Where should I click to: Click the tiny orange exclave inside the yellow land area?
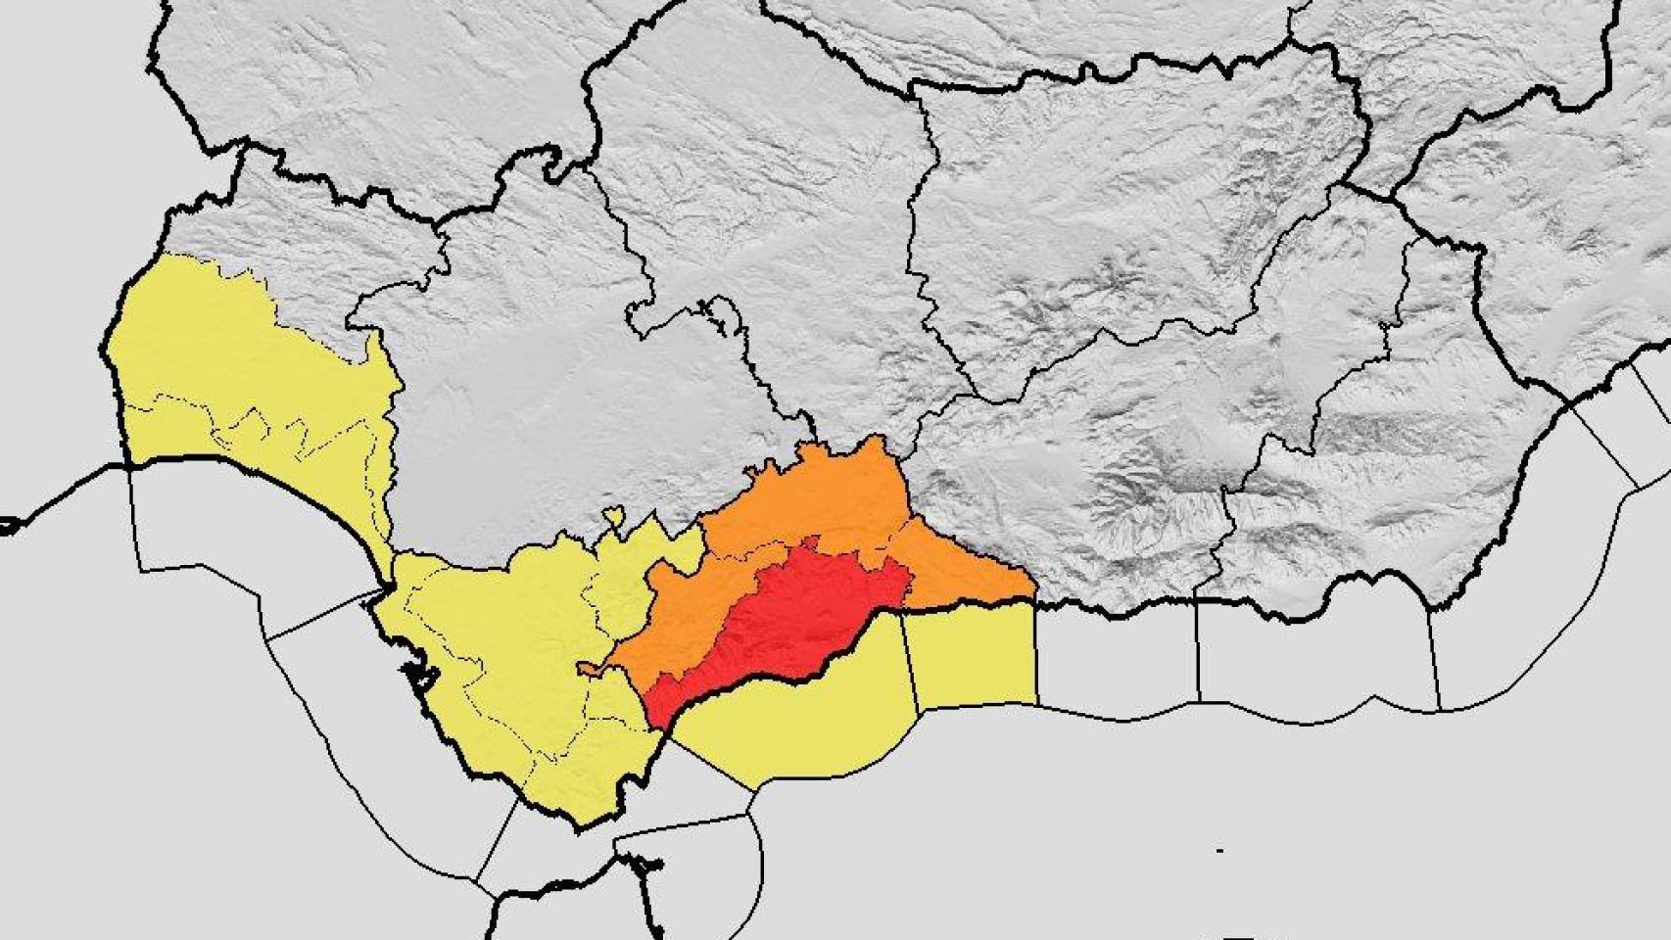click(x=589, y=669)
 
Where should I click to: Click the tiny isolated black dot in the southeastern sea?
click(x=1219, y=850)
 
